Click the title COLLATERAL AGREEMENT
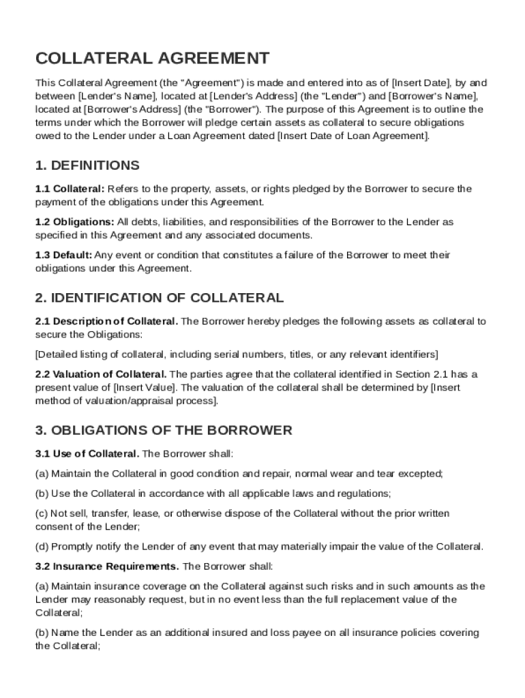pos(152,59)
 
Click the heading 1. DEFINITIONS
pos(87,166)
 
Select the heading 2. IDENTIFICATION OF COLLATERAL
pos(159,298)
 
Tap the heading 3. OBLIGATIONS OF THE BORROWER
pos(164,430)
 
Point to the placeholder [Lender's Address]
pos(253,96)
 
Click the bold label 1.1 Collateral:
pos(70,189)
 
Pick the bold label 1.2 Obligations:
pos(74,222)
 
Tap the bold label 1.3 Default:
pos(63,255)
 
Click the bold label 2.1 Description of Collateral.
pos(106,321)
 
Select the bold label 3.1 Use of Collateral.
pos(87,453)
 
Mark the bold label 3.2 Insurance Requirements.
pos(107,566)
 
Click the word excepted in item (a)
pos(421,474)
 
